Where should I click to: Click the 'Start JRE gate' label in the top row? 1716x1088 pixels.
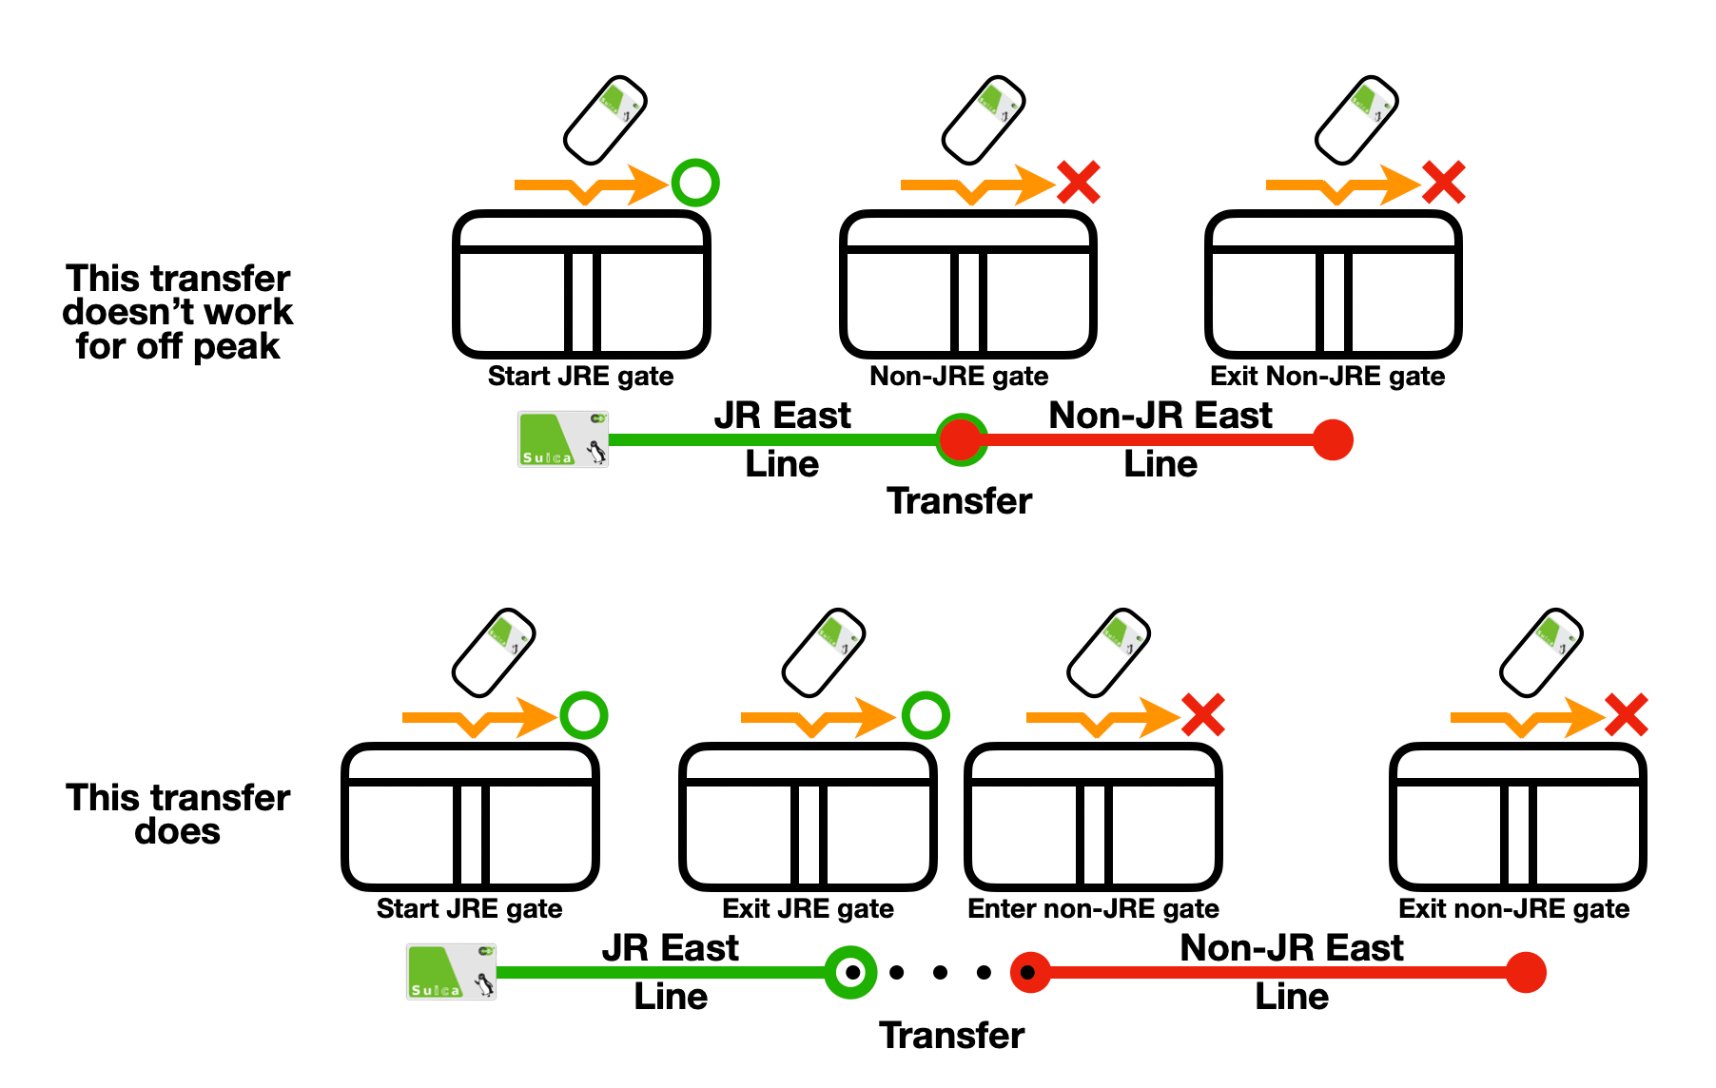click(580, 377)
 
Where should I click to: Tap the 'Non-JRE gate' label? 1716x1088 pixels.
click(959, 377)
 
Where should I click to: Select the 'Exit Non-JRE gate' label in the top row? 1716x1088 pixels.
click(1327, 377)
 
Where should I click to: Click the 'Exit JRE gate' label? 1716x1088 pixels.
click(808, 909)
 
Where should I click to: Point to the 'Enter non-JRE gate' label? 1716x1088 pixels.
click(1093, 909)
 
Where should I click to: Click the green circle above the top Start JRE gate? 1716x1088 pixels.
click(695, 183)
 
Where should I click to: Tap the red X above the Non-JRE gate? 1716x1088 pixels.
click(1079, 183)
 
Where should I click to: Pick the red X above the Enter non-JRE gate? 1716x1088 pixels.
click(1203, 715)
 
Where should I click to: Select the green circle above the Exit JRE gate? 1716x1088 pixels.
click(926, 715)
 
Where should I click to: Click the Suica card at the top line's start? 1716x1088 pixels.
click(563, 439)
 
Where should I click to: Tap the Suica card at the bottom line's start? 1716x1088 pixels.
click(451, 972)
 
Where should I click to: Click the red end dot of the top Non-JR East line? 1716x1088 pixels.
click(1333, 439)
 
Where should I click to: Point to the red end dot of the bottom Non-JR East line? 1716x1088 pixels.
click(1526, 972)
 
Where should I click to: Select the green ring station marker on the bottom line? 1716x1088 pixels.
click(850, 972)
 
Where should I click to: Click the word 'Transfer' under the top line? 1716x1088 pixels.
click(959, 501)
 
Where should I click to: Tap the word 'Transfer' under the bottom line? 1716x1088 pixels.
click(951, 1035)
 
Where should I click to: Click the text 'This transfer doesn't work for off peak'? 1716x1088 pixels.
click(178, 312)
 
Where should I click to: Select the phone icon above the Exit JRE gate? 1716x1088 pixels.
click(824, 652)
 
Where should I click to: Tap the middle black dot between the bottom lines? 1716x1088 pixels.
click(940, 972)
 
